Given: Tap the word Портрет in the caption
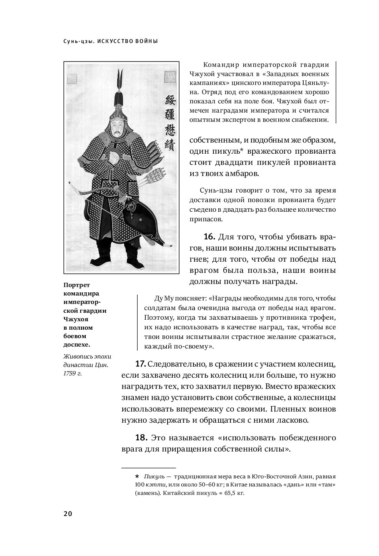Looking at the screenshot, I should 74,285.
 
